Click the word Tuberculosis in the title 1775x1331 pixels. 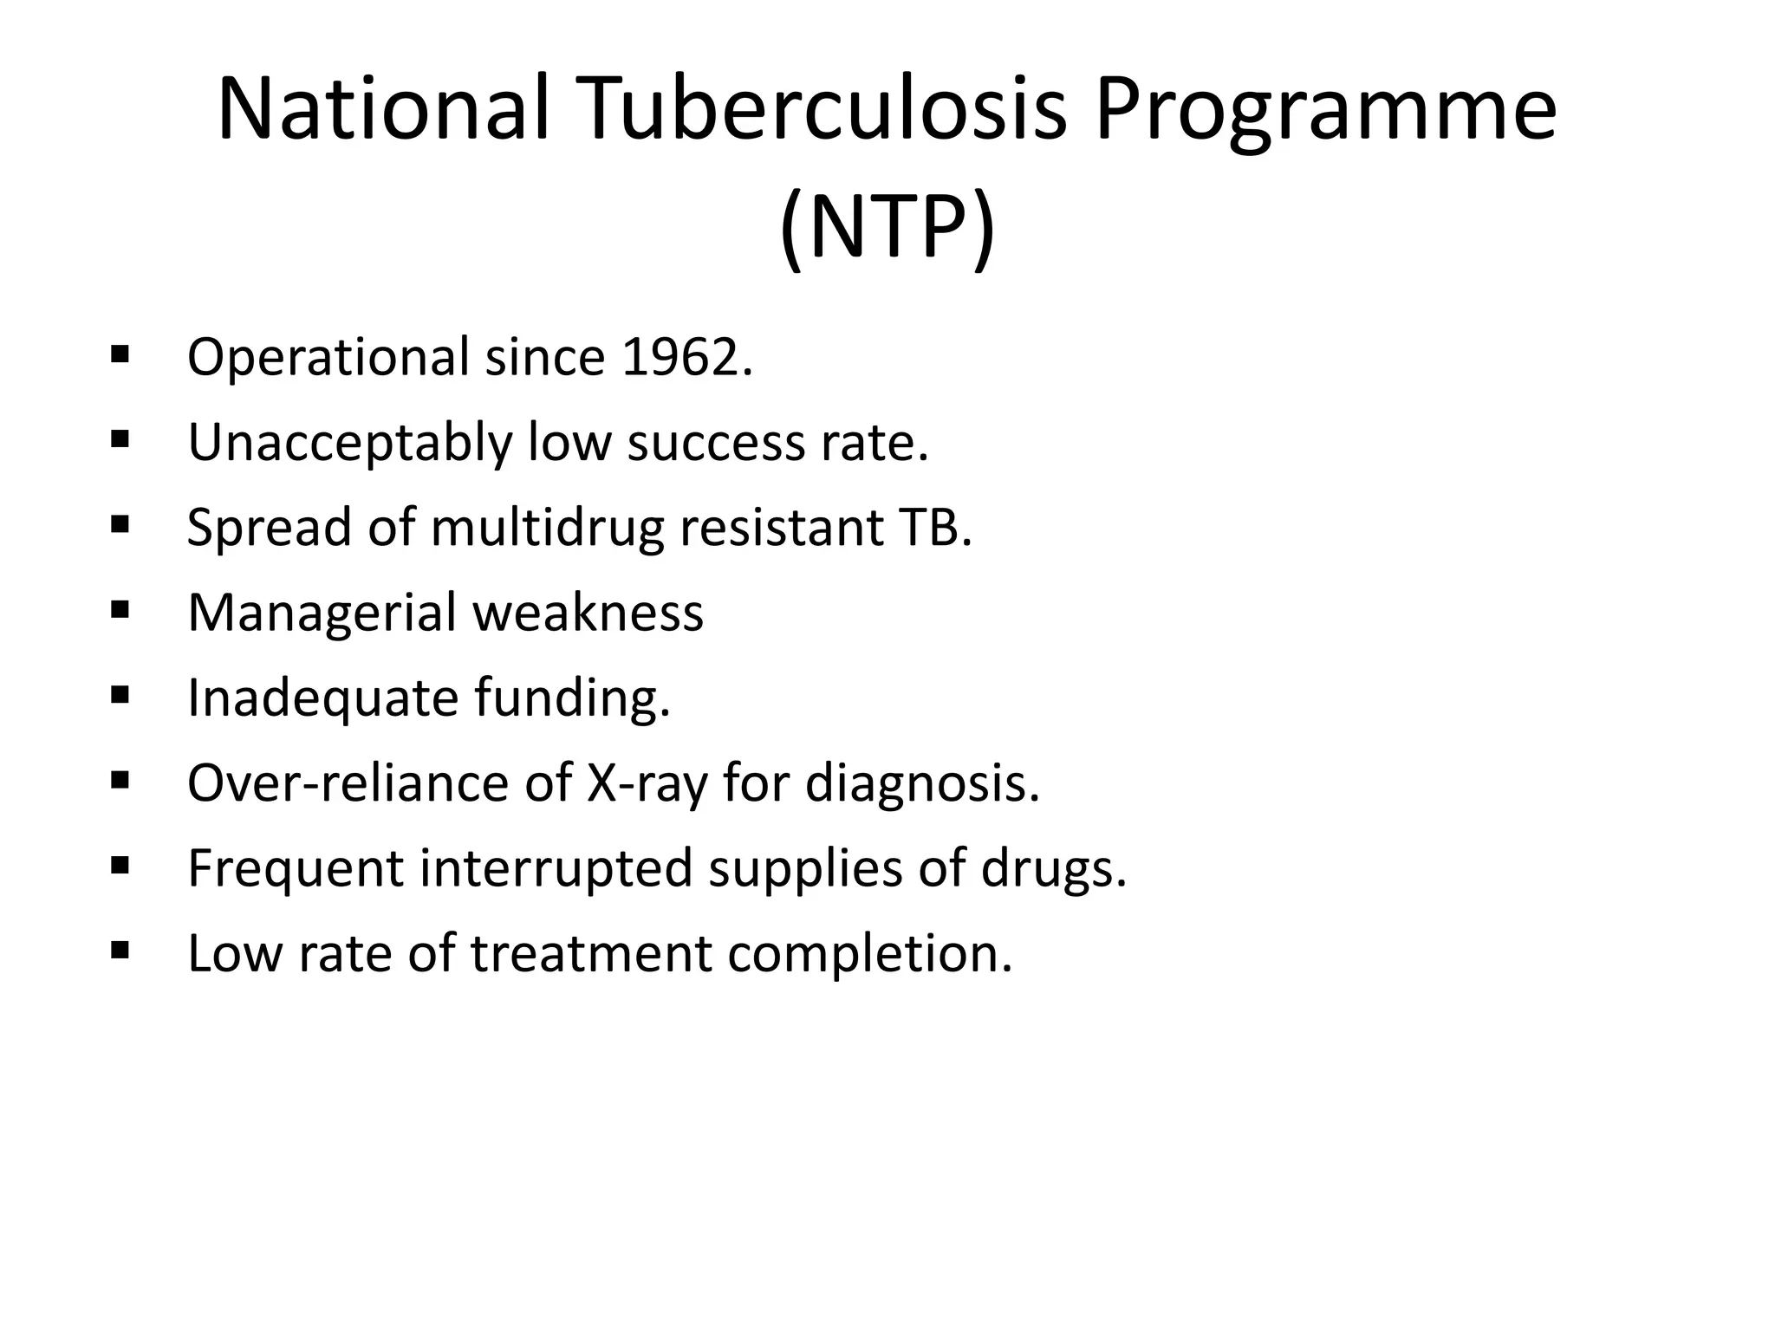(x=824, y=110)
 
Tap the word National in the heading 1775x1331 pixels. (x=383, y=110)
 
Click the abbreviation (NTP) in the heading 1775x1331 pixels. (x=887, y=228)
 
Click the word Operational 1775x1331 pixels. (x=328, y=357)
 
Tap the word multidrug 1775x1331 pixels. (x=547, y=528)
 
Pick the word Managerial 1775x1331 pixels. (x=322, y=613)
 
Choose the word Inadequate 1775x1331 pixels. (x=322, y=698)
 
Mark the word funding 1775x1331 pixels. (x=572, y=698)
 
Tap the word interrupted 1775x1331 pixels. (x=556, y=867)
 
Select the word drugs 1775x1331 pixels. (x=1053, y=868)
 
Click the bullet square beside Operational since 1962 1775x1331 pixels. (x=120, y=354)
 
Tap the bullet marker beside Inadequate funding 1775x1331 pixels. (x=120, y=695)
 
